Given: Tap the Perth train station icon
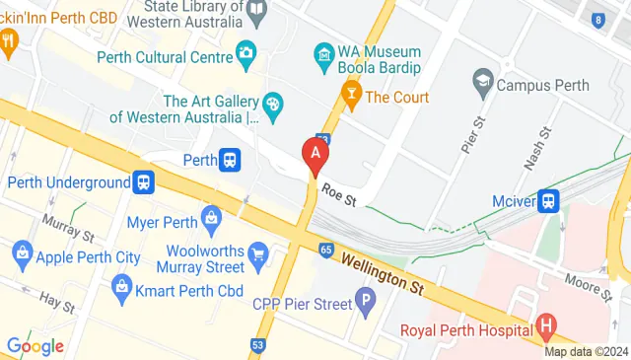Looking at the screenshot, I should (x=230, y=159).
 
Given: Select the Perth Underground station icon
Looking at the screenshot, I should (x=145, y=182).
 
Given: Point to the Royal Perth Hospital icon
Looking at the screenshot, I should (x=546, y=327).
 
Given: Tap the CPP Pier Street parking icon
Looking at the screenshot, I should (x=365, y=297).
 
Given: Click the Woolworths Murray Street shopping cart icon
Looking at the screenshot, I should (x=258, y=255).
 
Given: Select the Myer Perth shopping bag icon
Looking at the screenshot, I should (x=210, y=216).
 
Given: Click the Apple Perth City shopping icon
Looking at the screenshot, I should (x=22, y=257).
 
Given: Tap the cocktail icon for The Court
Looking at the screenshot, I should (x=350, y=97).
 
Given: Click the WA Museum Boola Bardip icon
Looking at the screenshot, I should (x=324, y=51).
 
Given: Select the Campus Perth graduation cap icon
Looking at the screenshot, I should (x=483, y=79).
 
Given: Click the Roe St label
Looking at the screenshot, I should (x=335, y=200).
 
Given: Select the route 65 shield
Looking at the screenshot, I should (x=325, y=250).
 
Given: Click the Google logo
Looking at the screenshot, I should (x=35, y=346).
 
